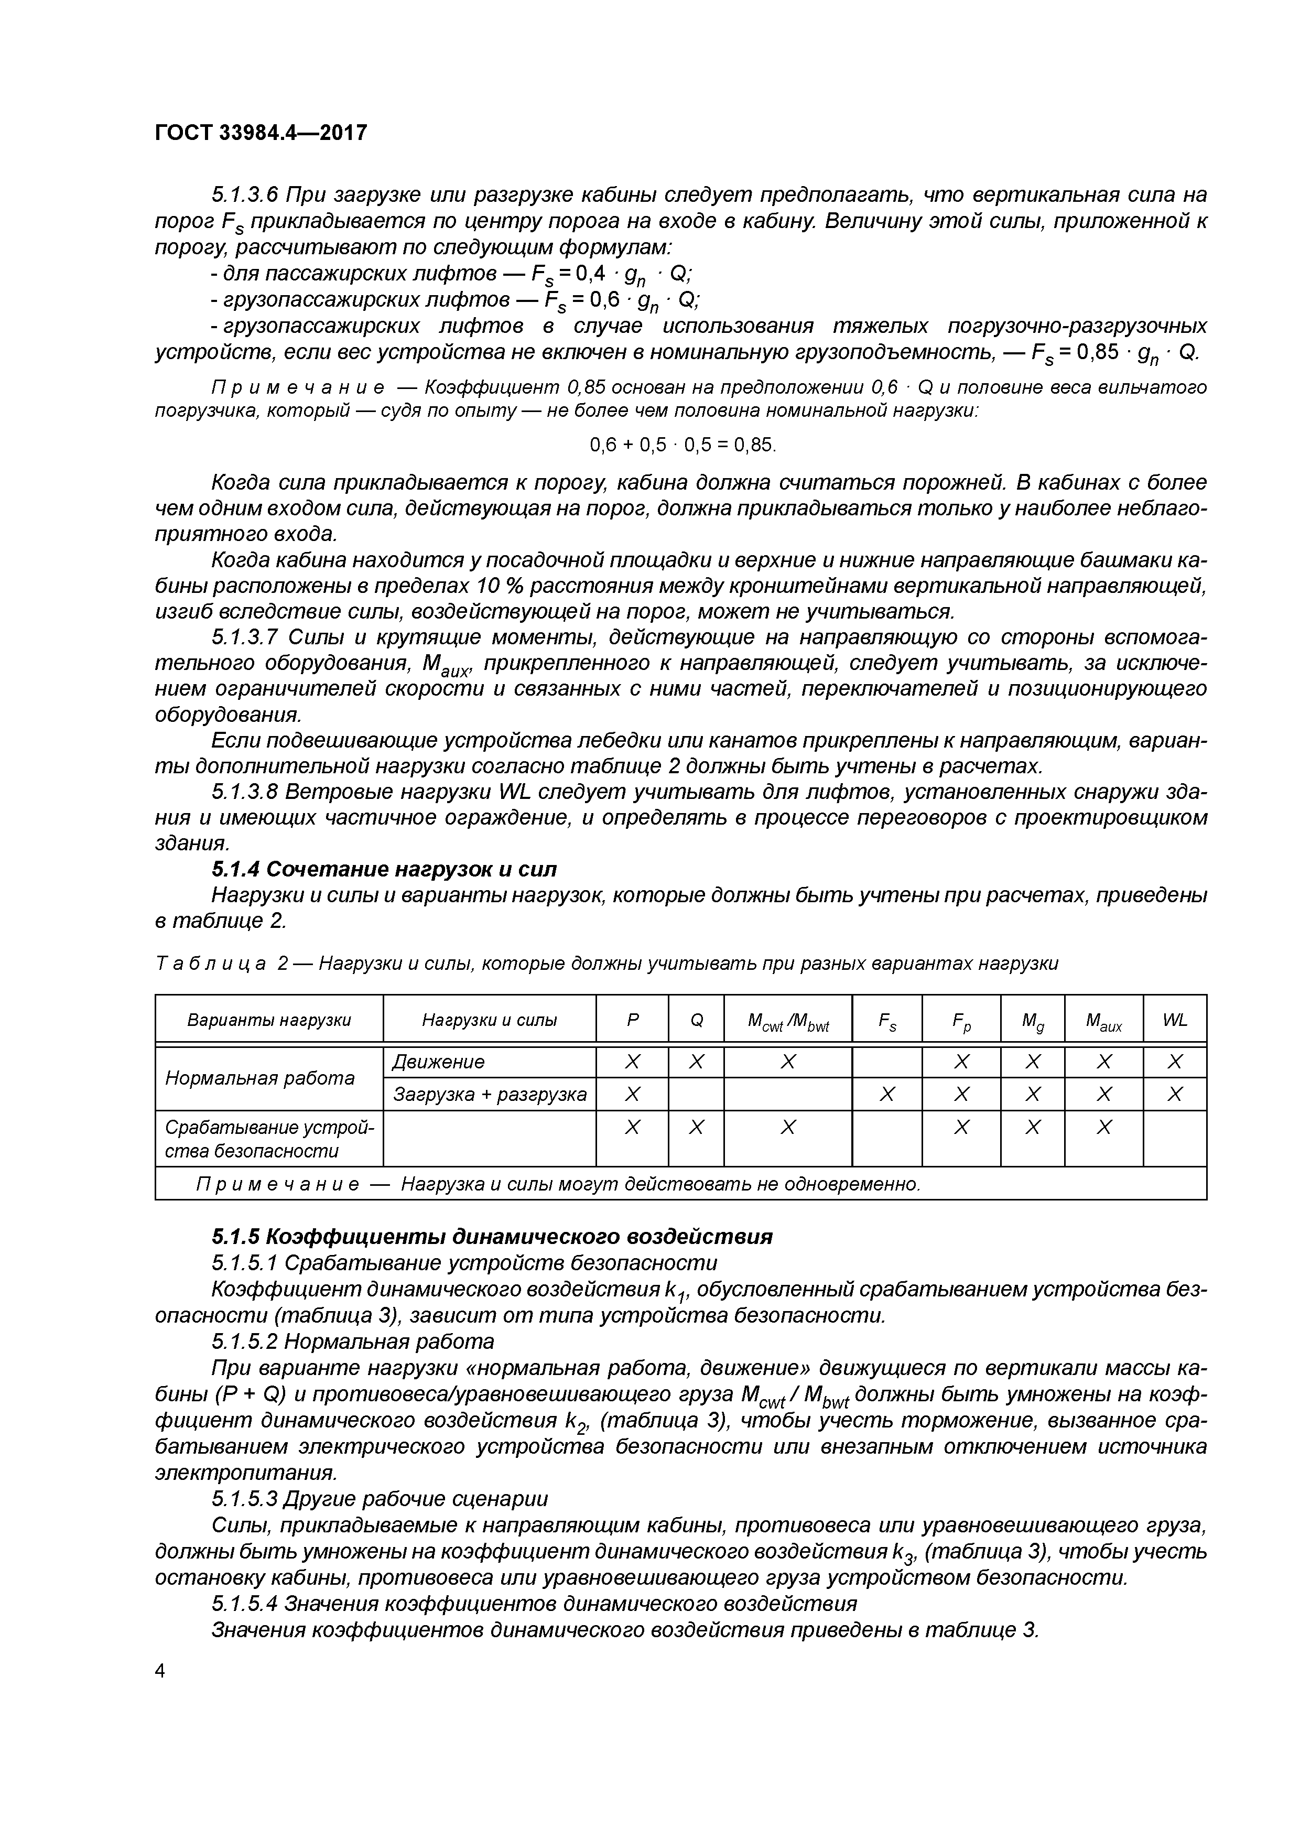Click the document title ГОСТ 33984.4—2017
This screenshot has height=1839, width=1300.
click(261, 132)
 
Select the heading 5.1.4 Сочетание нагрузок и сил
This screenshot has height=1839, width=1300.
click(384, 869)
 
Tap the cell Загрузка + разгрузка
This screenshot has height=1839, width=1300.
click(489, 1094)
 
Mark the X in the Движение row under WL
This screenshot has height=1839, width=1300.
click(1174, 1062)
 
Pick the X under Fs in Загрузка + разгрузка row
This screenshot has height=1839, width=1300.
click(887, 1094)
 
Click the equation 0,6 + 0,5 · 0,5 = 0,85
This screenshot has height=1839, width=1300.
click(683, 445)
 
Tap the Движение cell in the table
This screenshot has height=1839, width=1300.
click(438, 1062)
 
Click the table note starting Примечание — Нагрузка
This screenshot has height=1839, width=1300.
click(558, 1184)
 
